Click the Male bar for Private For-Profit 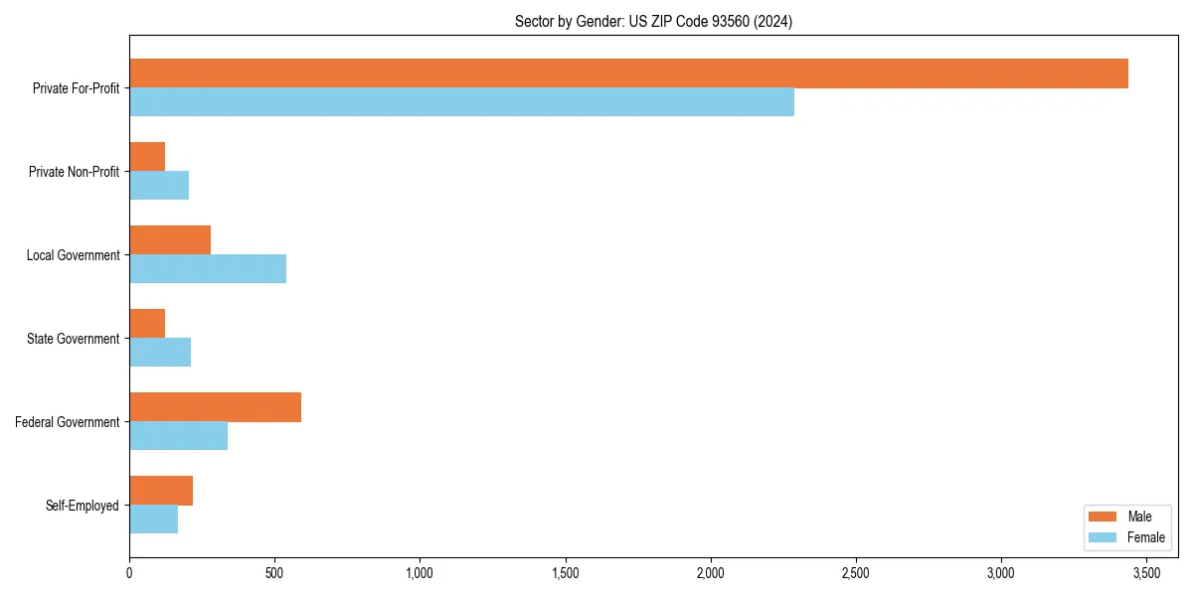click(628, 74)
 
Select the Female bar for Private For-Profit click(461, 102)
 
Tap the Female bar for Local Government click(208, 269)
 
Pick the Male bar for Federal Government click(215, 407)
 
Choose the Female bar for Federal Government click(178, 436)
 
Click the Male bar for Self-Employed click(161, 491)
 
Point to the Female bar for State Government click(160, 353)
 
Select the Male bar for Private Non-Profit click(147, 157)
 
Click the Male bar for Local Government click(170, 240)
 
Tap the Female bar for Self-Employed click(153, 520)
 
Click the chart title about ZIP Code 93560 click(653, 21)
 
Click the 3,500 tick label click(1146, 573)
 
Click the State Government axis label click(74, 339)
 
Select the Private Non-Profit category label click(74, 172)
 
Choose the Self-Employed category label click(83, 506)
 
